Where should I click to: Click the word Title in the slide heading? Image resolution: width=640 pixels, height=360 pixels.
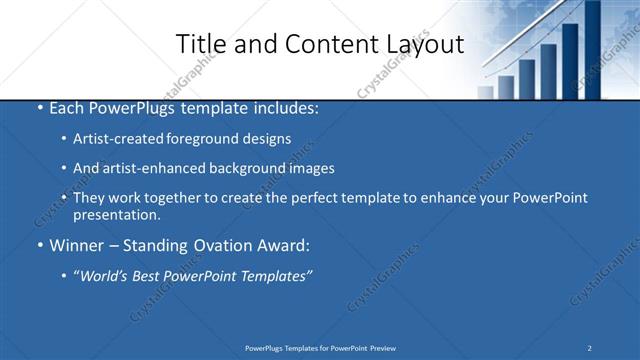pos(200,44)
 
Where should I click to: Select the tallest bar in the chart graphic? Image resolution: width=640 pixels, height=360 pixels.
pos(592,50)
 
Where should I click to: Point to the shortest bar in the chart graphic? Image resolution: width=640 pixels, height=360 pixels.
pos(485,92)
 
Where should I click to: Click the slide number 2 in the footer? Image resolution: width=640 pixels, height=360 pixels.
pos(590,348)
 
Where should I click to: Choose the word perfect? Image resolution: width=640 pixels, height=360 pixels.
pos(316,198)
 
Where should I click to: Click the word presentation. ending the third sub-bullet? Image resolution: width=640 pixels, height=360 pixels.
pos(117,214)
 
